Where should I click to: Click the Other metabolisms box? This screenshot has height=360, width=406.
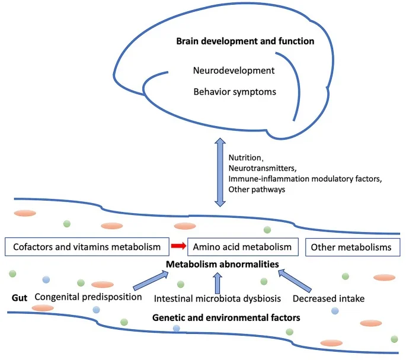coord(352,247)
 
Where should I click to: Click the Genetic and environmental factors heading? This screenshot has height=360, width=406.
coord(226,318)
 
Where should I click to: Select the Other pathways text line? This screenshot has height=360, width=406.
coord(258,190)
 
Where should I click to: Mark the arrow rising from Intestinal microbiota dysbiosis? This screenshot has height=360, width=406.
coord(218,282)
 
